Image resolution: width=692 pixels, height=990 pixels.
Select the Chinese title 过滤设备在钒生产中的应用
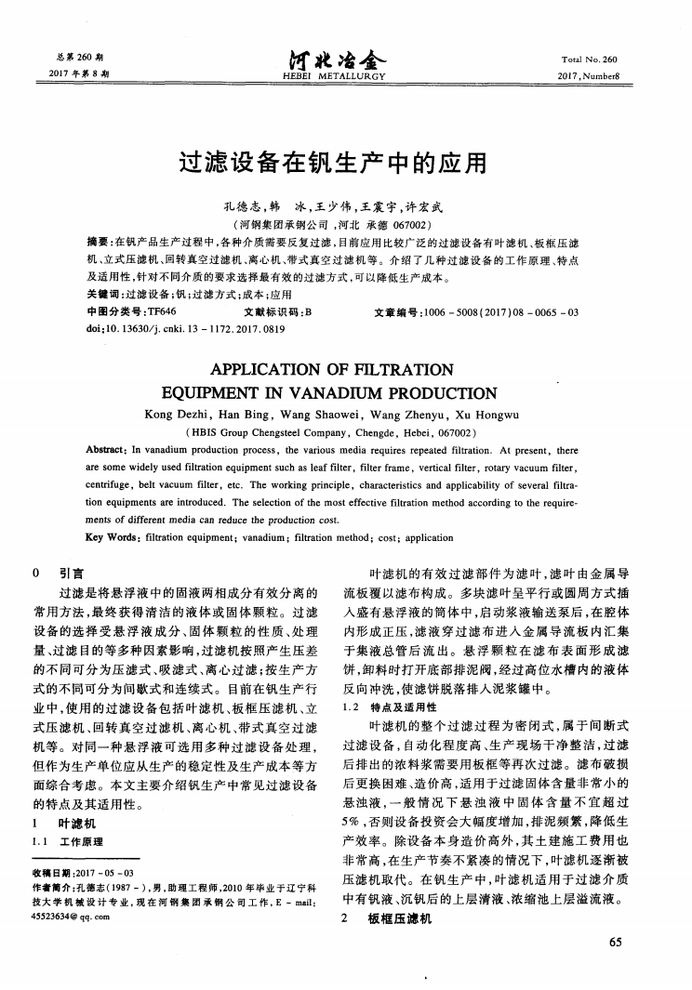(x=345, y=165)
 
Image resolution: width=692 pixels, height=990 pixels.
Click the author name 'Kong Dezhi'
(x=177, y=415)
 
